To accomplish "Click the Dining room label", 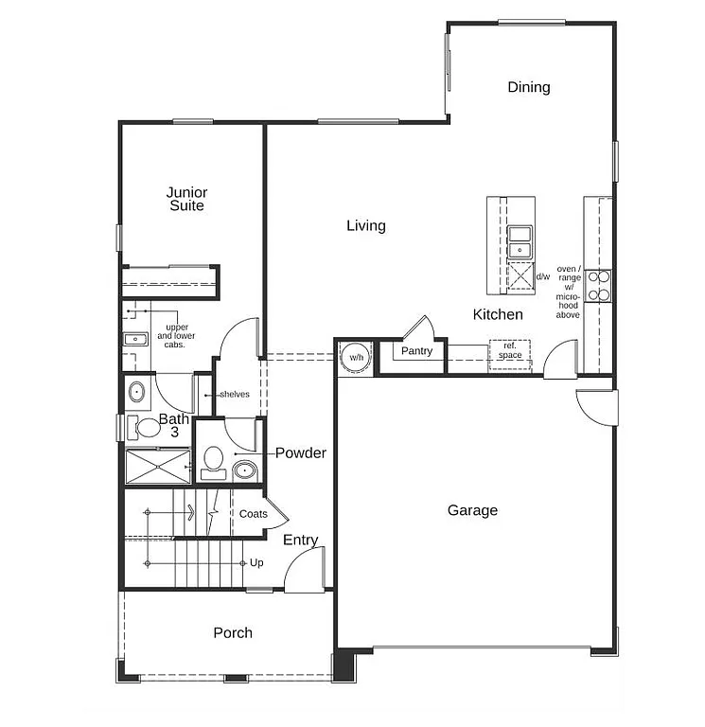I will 528,87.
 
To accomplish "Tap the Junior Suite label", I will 186,199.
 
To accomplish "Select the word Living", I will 365,225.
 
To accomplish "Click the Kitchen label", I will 498,314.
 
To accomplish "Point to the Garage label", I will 472,510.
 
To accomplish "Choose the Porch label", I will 233,632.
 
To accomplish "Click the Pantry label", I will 416,351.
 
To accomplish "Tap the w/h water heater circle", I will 356,358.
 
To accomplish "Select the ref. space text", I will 510,351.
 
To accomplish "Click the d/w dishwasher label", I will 543,277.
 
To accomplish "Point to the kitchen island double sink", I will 519,241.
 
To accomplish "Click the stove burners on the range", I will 598,285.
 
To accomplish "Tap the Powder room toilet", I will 213,460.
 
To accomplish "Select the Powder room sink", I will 244,469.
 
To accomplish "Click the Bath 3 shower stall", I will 158,466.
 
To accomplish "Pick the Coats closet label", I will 253,514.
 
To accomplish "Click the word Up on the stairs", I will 256,562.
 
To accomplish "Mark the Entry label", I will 301,540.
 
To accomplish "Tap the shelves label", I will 234,394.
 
